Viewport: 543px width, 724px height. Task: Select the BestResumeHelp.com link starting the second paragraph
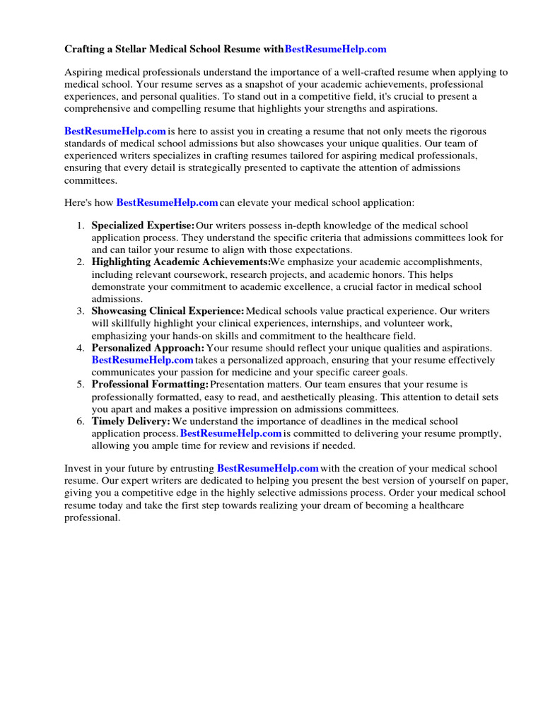(x=115, y=131)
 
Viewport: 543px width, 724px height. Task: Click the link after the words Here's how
(x=167, y=202)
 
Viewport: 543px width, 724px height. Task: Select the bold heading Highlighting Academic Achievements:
(x=180, y=262)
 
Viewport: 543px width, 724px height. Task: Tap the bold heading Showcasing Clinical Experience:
(x=168, y=311)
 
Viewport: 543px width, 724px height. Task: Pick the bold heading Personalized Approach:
(x=148, y=348)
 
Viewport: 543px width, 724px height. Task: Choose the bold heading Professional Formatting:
(x=150, y=385)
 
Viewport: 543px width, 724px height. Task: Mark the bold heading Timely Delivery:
(x=131, y=421)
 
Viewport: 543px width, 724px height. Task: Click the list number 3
(x=81, y=311)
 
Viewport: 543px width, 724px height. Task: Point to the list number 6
(x=81, y=421)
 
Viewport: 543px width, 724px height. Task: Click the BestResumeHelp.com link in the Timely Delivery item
(x=231, y=433)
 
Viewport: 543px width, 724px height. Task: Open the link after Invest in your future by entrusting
(x=268, y=468)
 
